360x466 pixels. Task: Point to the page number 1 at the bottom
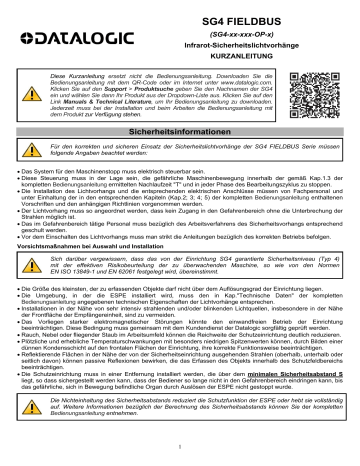[180, 447]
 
